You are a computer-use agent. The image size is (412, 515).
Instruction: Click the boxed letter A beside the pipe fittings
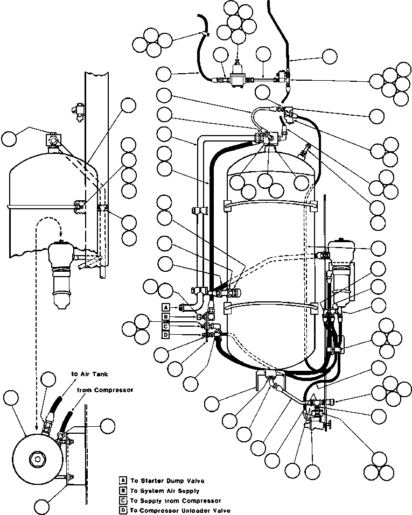click(166, 307)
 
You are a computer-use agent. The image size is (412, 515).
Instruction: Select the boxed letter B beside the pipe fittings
click(166, 316)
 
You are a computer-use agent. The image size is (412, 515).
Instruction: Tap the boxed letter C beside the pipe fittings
click(166, 326)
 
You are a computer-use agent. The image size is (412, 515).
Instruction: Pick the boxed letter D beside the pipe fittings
click(166, 335)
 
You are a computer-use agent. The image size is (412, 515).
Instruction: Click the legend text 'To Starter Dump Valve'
click(167, 481)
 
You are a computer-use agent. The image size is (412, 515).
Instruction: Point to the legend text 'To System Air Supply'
click(165, 491)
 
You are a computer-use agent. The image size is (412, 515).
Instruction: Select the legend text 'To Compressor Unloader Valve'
click(180, 510)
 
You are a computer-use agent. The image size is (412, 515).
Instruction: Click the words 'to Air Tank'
click(89, 374)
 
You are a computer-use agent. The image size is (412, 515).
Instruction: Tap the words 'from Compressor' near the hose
click(105, 390)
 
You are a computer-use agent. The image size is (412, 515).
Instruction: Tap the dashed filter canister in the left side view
click(61, 274)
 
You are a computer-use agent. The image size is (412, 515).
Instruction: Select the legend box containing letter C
click(123, 501)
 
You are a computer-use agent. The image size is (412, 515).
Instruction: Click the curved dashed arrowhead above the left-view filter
click(60, 234)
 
